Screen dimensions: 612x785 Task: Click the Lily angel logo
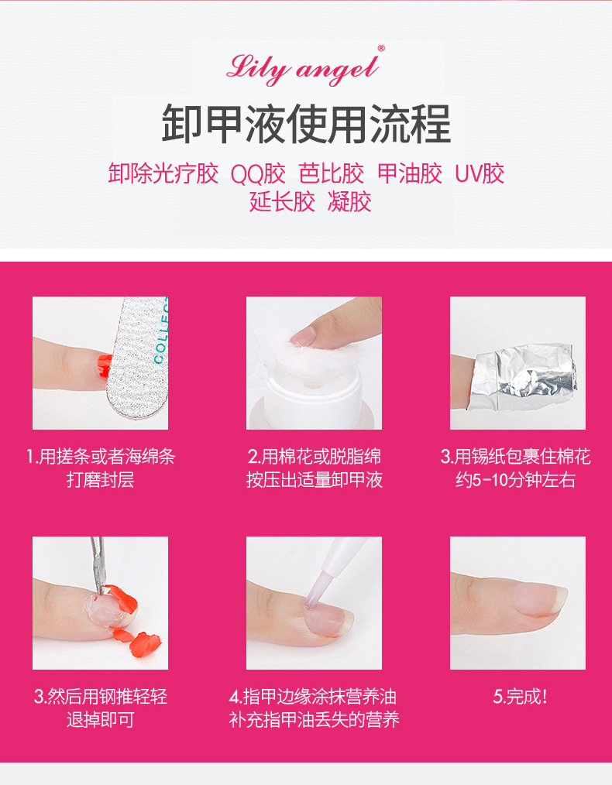[302, 68]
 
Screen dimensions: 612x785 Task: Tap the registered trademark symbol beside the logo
[381, 49]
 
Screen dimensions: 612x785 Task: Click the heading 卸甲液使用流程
[306, 124]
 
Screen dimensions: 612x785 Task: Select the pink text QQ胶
[258, 173]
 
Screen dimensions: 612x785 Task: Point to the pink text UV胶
[480, 173]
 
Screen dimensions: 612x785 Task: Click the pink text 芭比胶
[331, 173]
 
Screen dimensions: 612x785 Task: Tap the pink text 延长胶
[282, 202]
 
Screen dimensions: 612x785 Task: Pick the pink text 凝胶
[349, 202]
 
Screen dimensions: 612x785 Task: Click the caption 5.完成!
[520, 697]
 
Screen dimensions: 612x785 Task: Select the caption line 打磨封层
[100, 480]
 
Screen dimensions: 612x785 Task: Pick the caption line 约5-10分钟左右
[515, 480]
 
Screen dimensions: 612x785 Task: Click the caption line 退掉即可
[100, 720]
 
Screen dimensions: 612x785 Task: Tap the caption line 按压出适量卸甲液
[314, 480]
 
